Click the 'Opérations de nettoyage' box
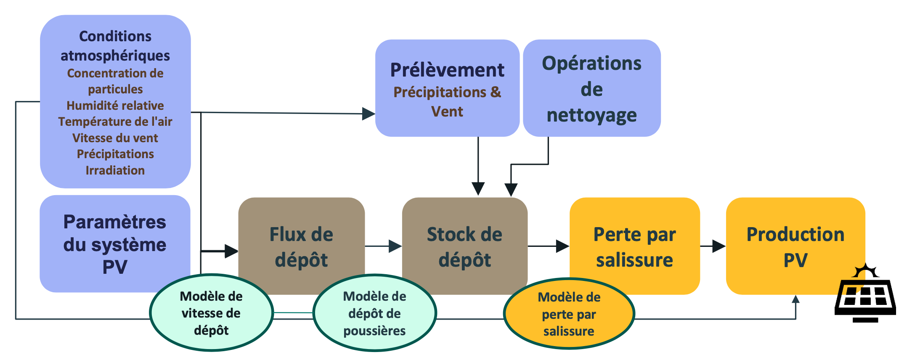coord(591,88)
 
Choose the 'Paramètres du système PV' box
coord(115,244)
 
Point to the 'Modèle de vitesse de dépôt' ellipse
coord(211,313)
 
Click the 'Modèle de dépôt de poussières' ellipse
coord(374,313)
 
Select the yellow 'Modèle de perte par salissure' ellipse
coord(569,314)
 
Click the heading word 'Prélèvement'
coord(447,70)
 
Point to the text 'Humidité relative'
coord(115,106)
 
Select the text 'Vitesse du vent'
coord(115,138)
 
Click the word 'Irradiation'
coord(115,170)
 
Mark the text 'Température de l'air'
coord(115,122)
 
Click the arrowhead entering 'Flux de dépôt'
coord(231,251)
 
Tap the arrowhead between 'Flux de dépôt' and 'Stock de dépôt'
coord(395,246)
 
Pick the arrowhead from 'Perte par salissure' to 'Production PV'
coord(719,246)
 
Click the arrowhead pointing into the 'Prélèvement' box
coord(369,114)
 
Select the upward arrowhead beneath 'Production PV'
coord(796,299)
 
